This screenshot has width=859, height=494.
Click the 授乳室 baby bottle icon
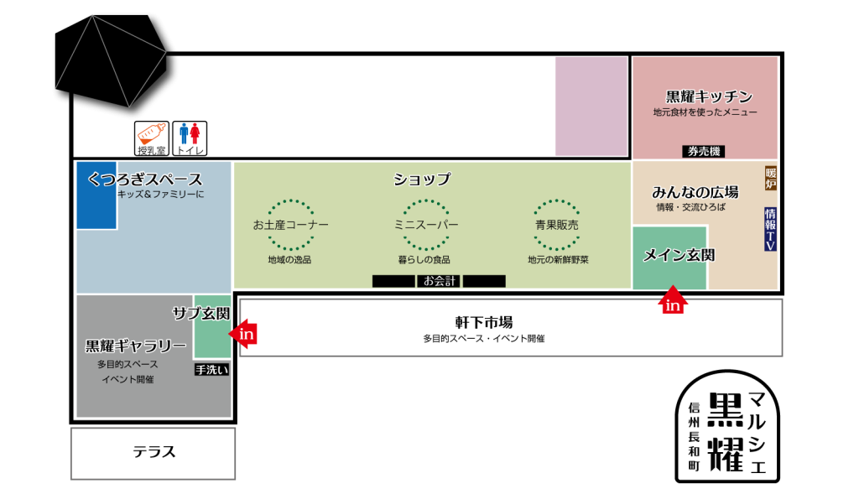pos(152,138)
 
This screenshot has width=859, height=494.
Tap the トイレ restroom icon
pos(190,138)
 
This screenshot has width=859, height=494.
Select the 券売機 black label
pos(703,152)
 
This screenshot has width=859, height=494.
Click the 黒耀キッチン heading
pos(709,96)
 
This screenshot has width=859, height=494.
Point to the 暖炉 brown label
pos(770,179)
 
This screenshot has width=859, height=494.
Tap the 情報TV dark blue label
pos(770,229)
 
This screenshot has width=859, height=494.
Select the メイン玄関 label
pos(678,256)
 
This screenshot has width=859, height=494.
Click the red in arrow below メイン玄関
pos(673,301)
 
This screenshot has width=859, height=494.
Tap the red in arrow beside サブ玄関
pos(243,334)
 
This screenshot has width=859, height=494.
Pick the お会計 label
pos(439,281)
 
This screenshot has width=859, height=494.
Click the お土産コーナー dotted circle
pos(290,225)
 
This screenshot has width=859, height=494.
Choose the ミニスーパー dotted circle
pos(426,225)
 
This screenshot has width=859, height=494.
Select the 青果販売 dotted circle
pos(557,225)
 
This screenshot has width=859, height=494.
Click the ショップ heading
pos(422,179)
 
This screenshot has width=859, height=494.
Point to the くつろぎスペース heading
pos(145,179)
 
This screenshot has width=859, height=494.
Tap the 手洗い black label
pos(211,369)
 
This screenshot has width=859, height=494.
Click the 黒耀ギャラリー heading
pos(136,346)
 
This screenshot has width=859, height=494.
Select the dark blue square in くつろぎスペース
pos(96,195)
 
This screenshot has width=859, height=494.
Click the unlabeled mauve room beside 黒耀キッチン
pos(591,106)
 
